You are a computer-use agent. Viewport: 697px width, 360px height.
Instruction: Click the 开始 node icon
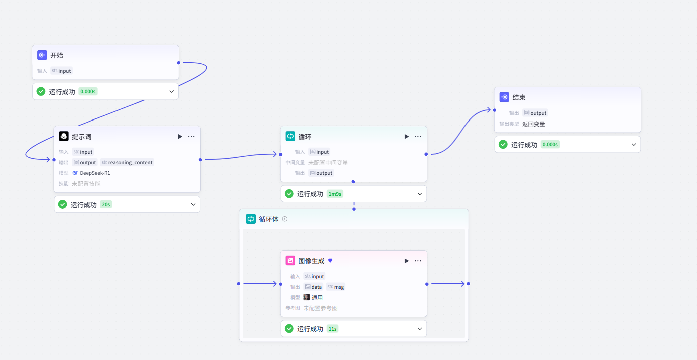click(x=42, y=55)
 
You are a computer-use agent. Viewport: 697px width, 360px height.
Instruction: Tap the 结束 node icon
click(x=504, y=97)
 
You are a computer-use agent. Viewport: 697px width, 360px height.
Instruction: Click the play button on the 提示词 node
click(x=180, y=136)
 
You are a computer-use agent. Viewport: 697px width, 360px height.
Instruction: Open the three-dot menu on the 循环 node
click(x=418, y=136)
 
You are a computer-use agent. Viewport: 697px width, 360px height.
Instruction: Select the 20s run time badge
click(x=106, y=204)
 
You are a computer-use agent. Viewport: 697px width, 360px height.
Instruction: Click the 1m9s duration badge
click(x=335, y=194)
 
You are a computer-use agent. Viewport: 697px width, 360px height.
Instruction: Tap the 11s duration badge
click(x=332, y=329)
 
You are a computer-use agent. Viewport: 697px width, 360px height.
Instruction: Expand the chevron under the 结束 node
click(x=634, y=145)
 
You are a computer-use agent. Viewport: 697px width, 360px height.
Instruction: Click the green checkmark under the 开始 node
click(x=41, y=91)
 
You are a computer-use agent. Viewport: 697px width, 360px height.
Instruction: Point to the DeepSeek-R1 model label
click(x=95, y=173)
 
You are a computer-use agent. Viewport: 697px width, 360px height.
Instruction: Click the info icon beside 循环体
click(x=285, y=219)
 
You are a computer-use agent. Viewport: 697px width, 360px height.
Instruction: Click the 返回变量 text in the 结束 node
click(x=534, y=124)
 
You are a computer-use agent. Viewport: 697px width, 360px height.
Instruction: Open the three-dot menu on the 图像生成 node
click(x=418, y=261)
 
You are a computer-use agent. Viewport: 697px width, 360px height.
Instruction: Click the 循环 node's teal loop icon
click(x=290, y=136)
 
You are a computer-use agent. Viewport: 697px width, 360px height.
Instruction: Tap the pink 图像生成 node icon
click(x=290, y=261)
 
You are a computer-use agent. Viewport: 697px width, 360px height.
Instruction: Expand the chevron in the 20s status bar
click(x=193, y=204)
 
